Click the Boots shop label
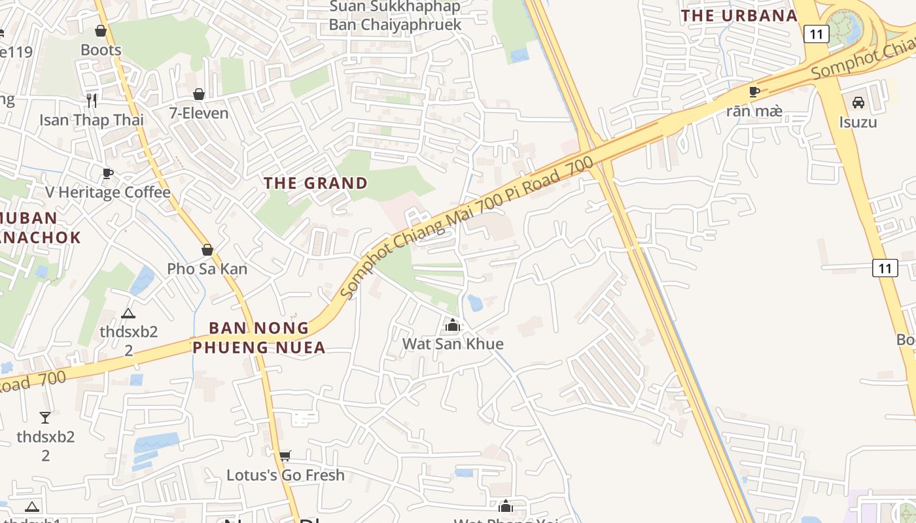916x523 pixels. coord(101,50)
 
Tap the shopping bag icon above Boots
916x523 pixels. coord(101,31)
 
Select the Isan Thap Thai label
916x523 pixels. coord(92,120)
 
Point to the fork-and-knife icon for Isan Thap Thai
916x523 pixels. coord(92,100)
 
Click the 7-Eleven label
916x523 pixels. coord(199,113)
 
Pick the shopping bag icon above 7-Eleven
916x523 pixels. coord(199,94)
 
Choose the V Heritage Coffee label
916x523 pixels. coord(108,192)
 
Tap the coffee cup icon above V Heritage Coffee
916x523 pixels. coord(108,173)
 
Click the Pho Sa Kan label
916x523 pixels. coord(207,269)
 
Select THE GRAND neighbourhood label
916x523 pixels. coord(316,183)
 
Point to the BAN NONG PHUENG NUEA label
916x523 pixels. coord(259,337)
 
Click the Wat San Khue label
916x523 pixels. coord(453,344)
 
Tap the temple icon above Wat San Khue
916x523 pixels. coord(452,325)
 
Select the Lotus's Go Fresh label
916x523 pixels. coord(285,475)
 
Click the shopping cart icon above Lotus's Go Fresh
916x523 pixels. coord(285,456)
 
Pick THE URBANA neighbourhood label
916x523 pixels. coord(739,16)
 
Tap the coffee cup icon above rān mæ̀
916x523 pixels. coord(754,92)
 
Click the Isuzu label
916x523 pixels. coord(858,122)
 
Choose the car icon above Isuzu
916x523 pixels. coord(858,103)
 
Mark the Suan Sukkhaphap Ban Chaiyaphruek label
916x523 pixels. coord(395,16)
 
